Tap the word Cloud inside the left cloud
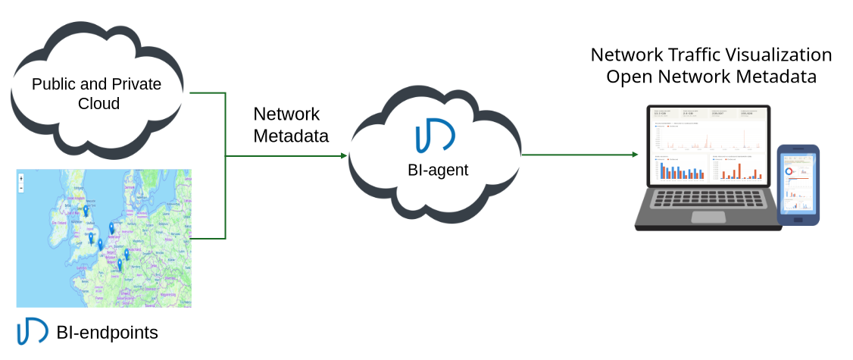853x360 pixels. pyautogui.click(x=98, y=103)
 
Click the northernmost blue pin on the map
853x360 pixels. pyautogui.click(x=86, y=210)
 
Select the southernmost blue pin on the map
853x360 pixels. pyautogui.click(x=119, y=265)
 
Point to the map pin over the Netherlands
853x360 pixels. pyautogui.click(x=112, y=227)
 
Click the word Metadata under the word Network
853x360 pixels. pyautogui.click(x=291, y=136)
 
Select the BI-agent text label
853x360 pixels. pyautogui.click(x=433, y=170)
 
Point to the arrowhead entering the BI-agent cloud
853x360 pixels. pyautogui.click(x=343, y=155)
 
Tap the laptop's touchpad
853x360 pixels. pyautogui.click(x=709, y=218)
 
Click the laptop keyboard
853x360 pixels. pyautogui.click(x=708, y=199)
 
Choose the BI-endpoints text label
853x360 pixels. pyautogui.click(x=107, y=332)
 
